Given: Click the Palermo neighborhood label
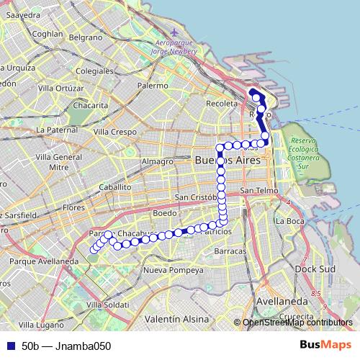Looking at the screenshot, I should [x=152, y=85].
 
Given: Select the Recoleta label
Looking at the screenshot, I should [x=221, y=104].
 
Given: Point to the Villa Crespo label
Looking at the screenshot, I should [x=115, y=132].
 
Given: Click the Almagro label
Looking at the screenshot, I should [x=158, y=161].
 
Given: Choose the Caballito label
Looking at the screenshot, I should [x=115, y=186].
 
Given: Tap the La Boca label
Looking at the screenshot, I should [x=291, y=220].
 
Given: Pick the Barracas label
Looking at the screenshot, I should [x=230, y=251].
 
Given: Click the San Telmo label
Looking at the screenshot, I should [x=257, y=190].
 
